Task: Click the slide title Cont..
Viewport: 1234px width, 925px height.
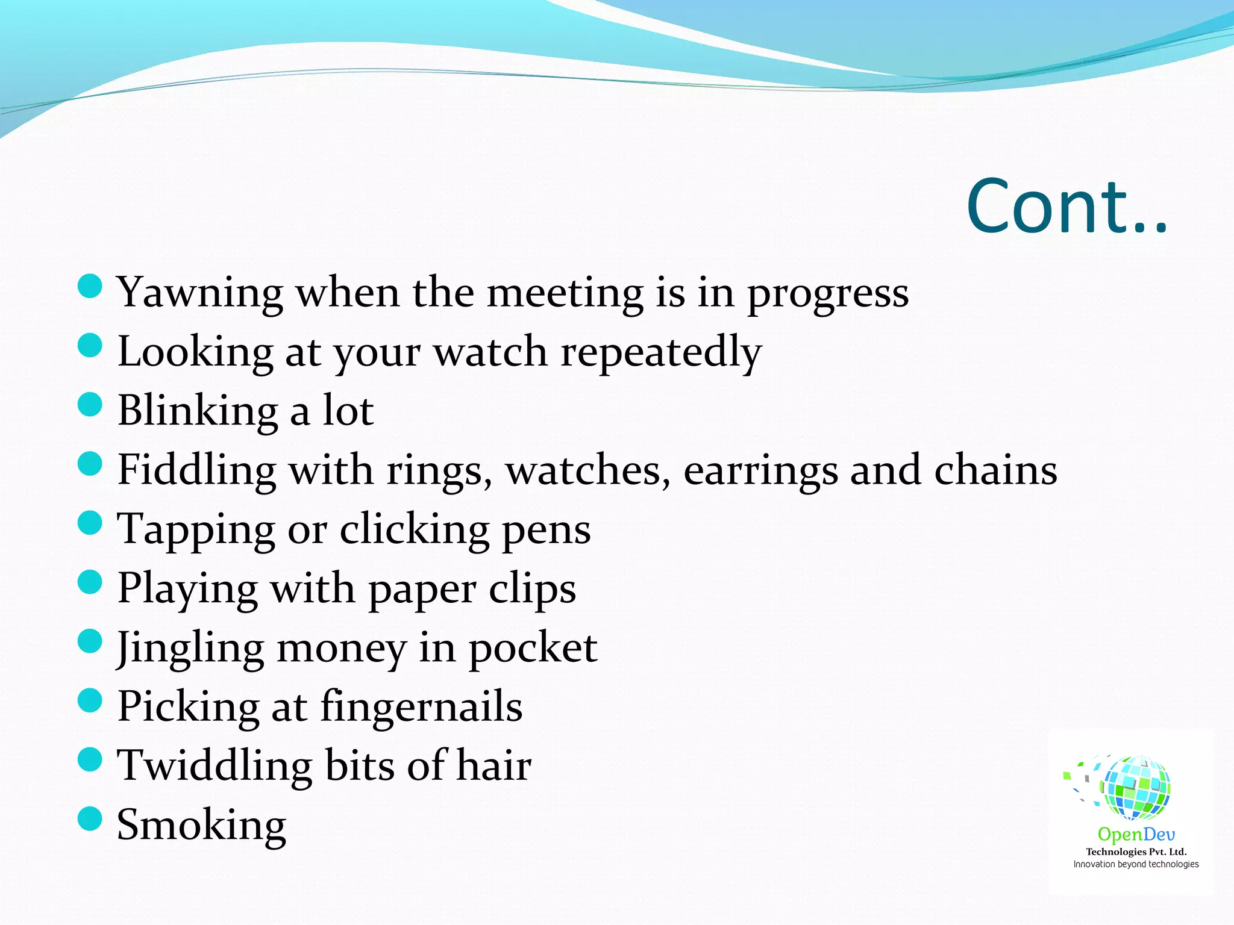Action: [1066, 207]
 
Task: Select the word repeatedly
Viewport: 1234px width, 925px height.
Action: [661, 352]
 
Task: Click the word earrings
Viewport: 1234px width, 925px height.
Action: [760, 470]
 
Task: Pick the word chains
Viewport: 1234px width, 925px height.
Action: [995, 470]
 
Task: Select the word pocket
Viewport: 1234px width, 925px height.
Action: [533, 649]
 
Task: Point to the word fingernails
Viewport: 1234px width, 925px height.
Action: [421, 706]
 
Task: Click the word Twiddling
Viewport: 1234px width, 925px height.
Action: [215, 765]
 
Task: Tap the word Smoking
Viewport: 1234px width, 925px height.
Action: [201, 825]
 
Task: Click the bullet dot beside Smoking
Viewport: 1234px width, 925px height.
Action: [90, 819]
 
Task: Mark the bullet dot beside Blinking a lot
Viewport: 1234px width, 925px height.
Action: [90, 405]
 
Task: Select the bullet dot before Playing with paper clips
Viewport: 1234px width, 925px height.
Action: [90, 582]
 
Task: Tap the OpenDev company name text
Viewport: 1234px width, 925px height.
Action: [1136, 835]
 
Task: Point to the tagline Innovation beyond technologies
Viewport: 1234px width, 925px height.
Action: [1136, 864]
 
